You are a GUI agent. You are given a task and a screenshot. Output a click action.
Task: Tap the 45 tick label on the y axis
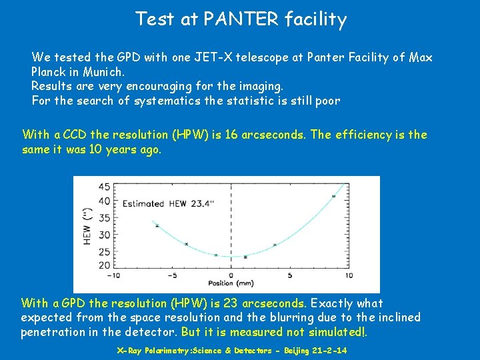coord(105,187)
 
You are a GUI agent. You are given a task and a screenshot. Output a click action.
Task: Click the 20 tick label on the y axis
coord(105,265)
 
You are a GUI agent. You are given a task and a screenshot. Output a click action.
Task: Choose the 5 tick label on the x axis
coord(290,275)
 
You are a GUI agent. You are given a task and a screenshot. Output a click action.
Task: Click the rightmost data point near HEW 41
coord(333,196)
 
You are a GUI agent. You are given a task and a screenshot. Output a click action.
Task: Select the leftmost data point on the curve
coord(157,226)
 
